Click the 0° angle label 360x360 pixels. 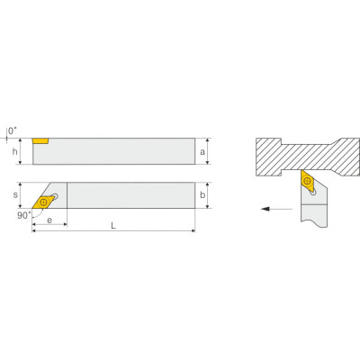13,130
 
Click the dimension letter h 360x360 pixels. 14,152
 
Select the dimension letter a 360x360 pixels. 202,152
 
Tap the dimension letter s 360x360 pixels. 15,195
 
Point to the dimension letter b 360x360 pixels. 202,194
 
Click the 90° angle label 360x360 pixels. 23,215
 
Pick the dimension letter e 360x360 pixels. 49,220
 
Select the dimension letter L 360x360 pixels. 113,226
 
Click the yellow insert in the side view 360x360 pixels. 40,141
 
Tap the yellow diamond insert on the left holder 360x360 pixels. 44,202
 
